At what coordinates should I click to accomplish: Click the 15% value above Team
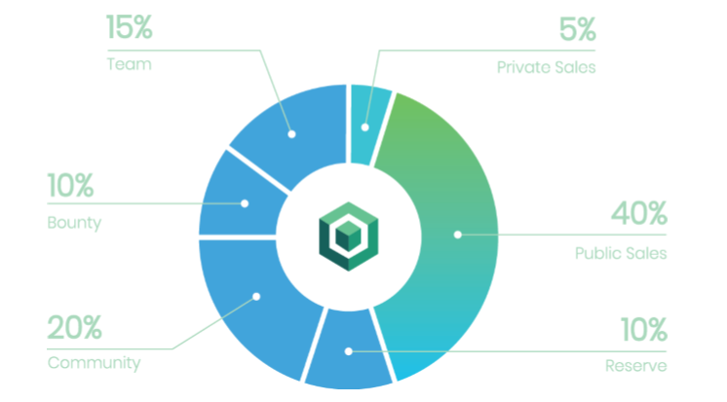[x=130, y=27]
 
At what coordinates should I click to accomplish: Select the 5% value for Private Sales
[x=577, y=29]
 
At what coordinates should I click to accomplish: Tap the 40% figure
[x=639, y=213]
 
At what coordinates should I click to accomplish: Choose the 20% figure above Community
[x=75, y=328]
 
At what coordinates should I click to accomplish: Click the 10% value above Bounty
[x=70, y=186]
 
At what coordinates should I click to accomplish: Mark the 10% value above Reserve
[x=644, y=330]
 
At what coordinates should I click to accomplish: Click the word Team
[x=130, y=64]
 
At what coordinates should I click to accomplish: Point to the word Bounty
[x=74, y=223]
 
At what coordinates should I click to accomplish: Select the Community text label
[x=95, y=363]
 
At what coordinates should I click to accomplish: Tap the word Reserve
[x=636, y=366]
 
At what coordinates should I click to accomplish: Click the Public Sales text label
[x=621, y=253]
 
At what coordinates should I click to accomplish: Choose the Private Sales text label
[x=546, y=67]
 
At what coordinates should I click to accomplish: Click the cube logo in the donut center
[x=349, y=237]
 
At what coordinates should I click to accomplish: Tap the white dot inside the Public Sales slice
[x=458, y=235]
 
